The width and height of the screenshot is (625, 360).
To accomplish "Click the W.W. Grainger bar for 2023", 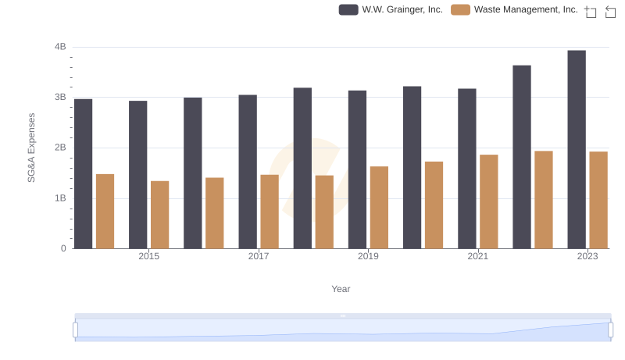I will pos(577,149).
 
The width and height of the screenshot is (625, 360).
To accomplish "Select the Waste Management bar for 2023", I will pos(598,200).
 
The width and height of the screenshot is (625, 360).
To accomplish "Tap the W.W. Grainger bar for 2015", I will pos(138,174).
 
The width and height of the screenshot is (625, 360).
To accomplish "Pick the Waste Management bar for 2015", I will pos(160,215).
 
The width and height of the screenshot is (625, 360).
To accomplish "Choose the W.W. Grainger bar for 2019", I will pos(357,169).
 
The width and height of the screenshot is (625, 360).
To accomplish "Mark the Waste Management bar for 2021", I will pos(489,201).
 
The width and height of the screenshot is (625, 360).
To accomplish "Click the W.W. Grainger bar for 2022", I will pos(522,157).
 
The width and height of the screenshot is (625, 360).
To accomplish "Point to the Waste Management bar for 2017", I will pos(270,212).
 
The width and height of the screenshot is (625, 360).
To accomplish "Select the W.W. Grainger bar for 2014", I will pos(84,173).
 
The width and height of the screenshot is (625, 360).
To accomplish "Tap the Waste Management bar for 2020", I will pos(434,205).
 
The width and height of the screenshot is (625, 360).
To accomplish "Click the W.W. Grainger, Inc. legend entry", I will pos(391,9).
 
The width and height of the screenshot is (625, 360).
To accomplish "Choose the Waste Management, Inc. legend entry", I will pos(515,9).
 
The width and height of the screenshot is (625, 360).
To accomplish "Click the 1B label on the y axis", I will pos(60,198).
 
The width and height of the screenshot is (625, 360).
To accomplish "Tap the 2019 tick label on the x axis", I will pos(368,256).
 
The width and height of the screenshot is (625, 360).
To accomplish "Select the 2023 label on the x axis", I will pos(587,256).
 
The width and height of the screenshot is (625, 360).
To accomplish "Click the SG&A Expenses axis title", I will pos(32,148).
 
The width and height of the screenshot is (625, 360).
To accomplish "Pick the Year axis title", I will pos(341,289).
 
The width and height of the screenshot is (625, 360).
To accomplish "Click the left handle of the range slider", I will pos(76,330).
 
